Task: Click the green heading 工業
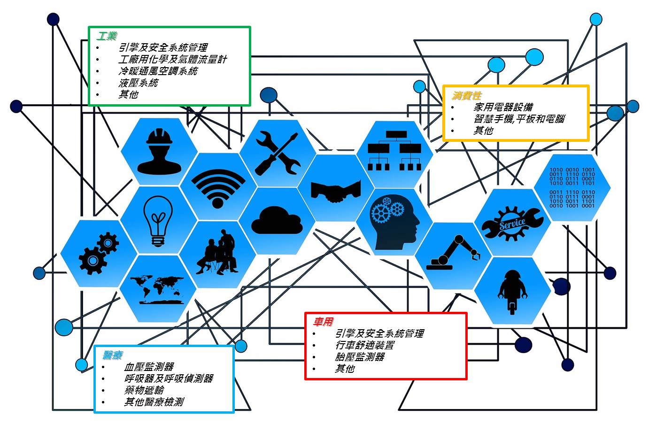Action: tap(107, 37)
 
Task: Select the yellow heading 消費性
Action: tap(467, 96)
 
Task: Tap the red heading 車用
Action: tap(323, 322)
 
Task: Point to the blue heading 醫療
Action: tap(113, 355)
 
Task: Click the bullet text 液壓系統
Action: tap(138, 83)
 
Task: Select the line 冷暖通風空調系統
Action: tap(158, 71)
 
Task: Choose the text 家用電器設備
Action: tap(503, 108)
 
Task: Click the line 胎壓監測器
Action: tap(360, 357)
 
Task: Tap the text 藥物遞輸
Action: tap(144, 390)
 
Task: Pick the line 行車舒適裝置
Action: tap(365, 345)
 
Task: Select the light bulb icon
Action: tap(158, 221)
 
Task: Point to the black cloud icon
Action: tap(277, 220)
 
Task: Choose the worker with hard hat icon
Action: tap(159, 152)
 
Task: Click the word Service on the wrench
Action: tap(512, 224)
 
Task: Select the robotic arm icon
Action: tap(453, 252)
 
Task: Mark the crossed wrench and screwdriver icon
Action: tap(278, 154)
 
